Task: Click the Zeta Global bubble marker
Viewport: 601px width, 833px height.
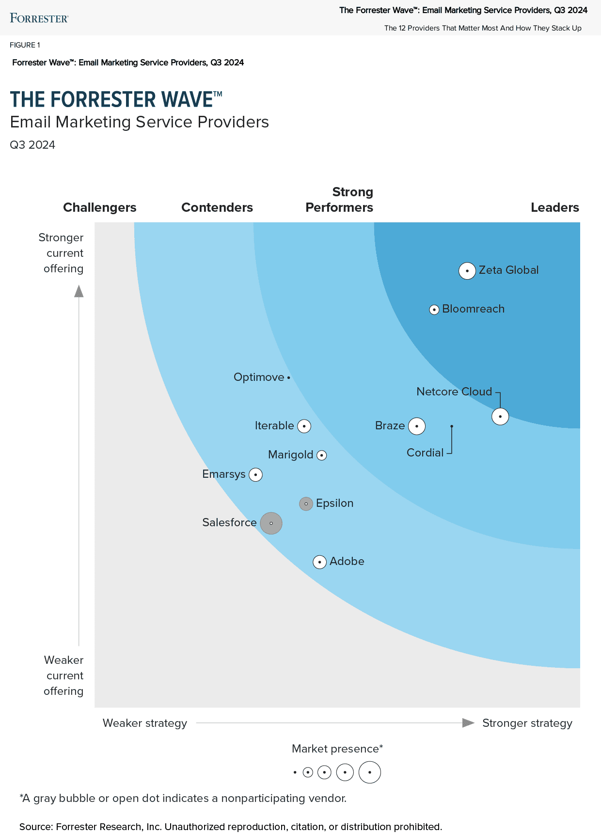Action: click(467, 270)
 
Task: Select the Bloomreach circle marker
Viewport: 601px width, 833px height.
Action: click(434, 310)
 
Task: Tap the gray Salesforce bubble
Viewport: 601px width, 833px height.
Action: click(271, 523)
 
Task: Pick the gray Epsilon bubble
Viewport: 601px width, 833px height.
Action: click(306, 504)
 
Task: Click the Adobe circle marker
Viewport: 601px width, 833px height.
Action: click(319, 562)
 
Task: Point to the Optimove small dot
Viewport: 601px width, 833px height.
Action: click(288, 377)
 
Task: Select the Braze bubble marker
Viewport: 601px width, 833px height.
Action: click(417, 426)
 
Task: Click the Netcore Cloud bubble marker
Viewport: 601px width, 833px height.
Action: click(500, 416)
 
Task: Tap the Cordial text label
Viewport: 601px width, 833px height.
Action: click(425, 453)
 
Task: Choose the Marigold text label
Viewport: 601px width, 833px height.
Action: click(291, 455)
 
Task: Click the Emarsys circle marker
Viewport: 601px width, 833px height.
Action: click(255, 474)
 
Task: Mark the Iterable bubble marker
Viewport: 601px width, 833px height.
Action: click(304, 426)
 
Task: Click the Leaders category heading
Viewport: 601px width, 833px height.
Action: click(554, 207)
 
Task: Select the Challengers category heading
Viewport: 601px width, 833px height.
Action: click(100, 207)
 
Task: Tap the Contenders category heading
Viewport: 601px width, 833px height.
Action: click(217, 207)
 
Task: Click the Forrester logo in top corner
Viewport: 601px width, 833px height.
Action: click(39, 18)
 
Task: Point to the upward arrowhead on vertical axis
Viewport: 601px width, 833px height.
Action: click(79, 291)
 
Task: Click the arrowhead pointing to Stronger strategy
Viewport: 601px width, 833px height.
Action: click(468, 723)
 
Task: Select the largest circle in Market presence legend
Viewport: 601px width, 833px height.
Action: click(370, 772)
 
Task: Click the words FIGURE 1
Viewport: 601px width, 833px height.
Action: click(25, 45)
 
